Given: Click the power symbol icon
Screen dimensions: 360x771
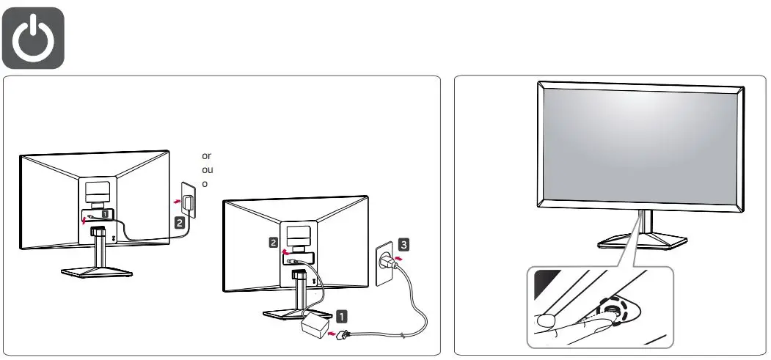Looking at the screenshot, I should tap(38, 37).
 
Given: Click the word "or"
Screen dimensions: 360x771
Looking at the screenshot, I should tap(206, 156).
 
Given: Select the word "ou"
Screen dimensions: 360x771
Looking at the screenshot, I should tap(207, 169).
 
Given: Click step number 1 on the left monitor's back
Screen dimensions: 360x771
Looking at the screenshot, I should tap(106, 214).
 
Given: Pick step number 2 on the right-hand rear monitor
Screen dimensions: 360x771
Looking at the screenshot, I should tap(272, 241).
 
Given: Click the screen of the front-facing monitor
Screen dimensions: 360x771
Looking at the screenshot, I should tap(640, 144).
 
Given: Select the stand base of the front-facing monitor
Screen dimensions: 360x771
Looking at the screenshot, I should tap(643, 241).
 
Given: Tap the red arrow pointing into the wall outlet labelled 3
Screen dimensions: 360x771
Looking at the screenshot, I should tap(398, 258).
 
